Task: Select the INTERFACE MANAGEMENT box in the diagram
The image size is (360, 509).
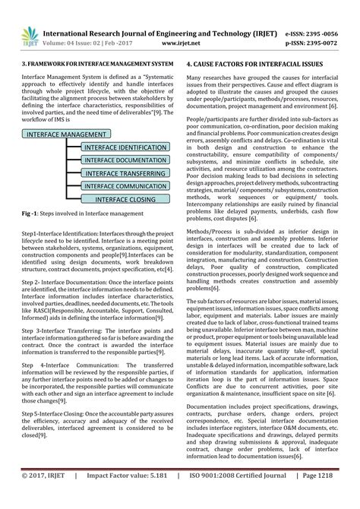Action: (66, 134)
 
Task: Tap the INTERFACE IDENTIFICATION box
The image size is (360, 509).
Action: (125, 147)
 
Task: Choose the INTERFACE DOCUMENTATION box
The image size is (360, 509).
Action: (125, 160)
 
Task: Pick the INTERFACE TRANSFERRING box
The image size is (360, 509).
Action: (125, 173)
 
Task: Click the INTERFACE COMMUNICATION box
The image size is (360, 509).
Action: (125, 186)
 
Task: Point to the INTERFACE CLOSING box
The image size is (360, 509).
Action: (125, 199)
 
